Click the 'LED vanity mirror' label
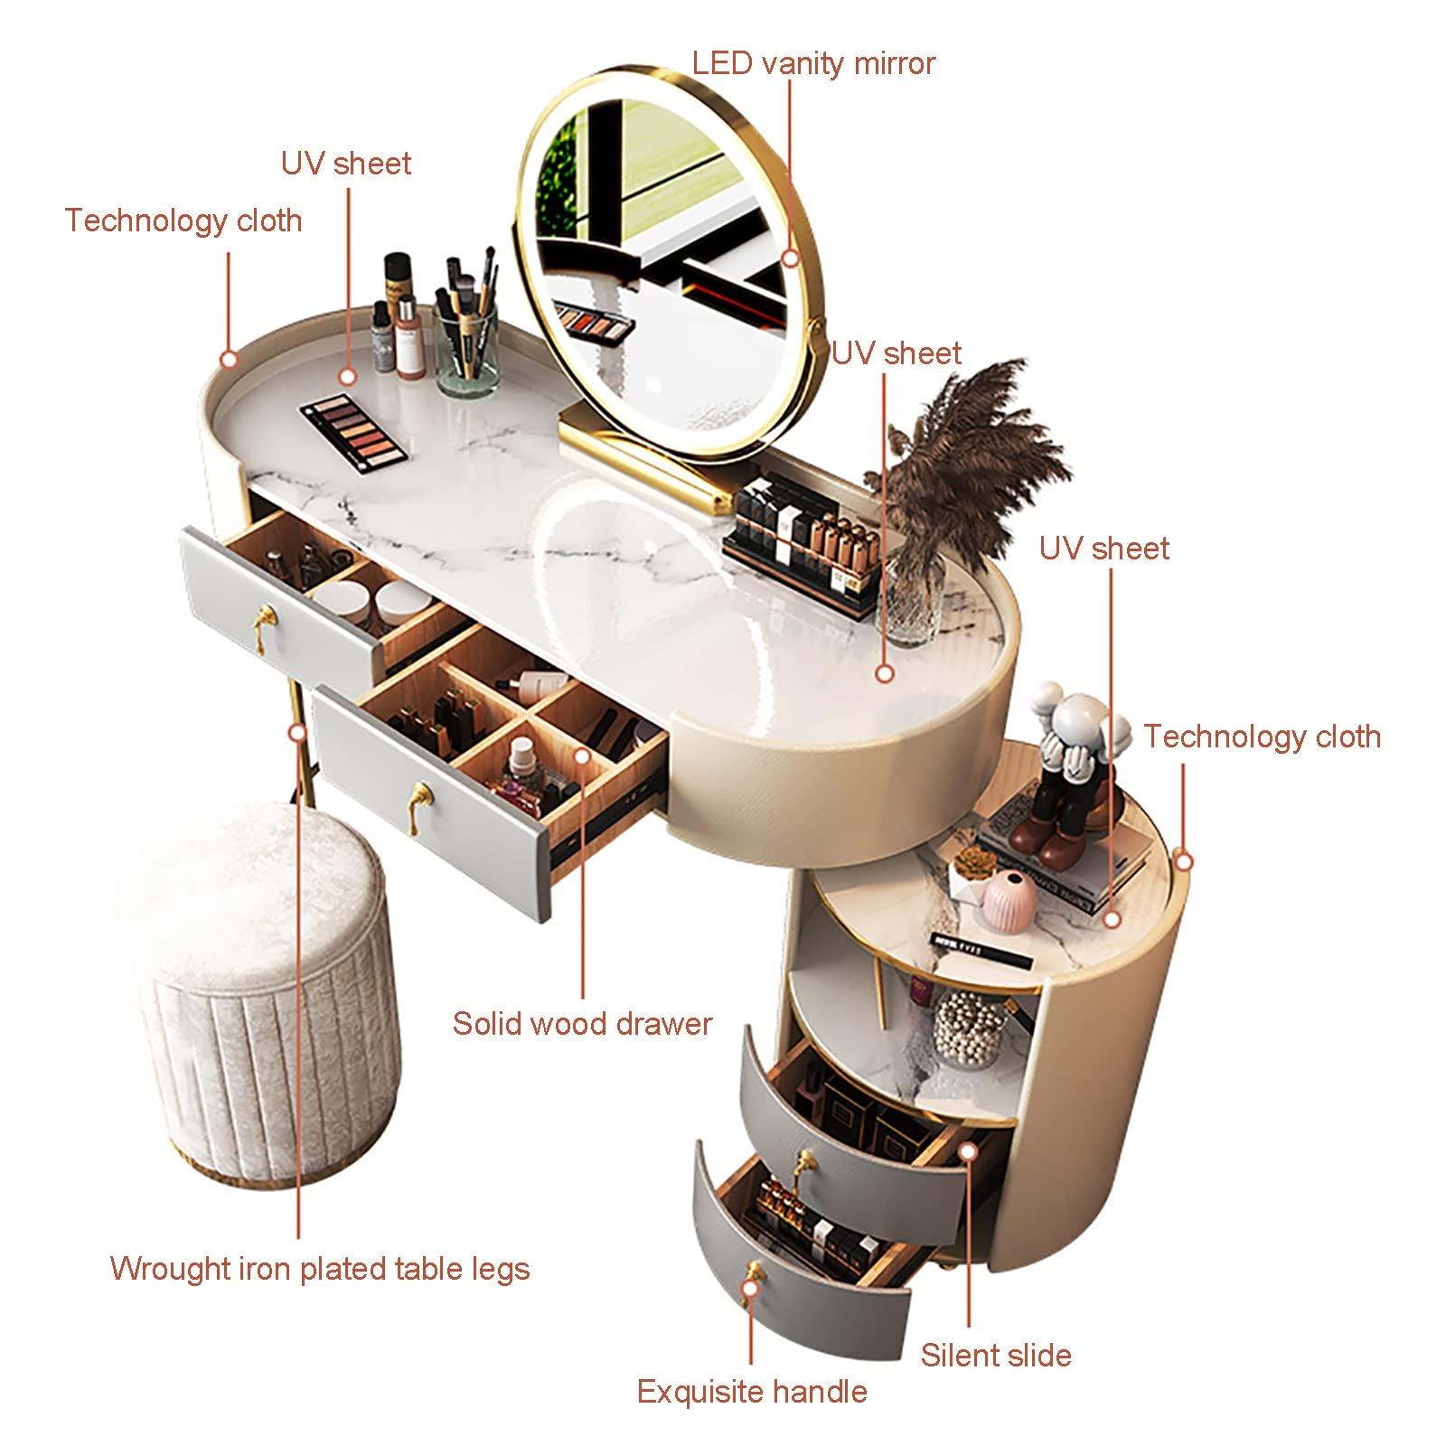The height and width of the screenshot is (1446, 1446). [x=813, y=63]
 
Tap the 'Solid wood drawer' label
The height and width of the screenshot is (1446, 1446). [x=582, y=1023]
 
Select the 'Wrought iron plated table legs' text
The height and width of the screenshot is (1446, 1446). [x=320, y=1269]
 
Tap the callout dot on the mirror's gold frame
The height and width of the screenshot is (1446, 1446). [x=791, y=258]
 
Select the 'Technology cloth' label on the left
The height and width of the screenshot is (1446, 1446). [x=183, y=221]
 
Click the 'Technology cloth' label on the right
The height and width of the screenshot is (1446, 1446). [x=1263, y=737]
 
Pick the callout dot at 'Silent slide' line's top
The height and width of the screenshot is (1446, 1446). [x=968, y=1151]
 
